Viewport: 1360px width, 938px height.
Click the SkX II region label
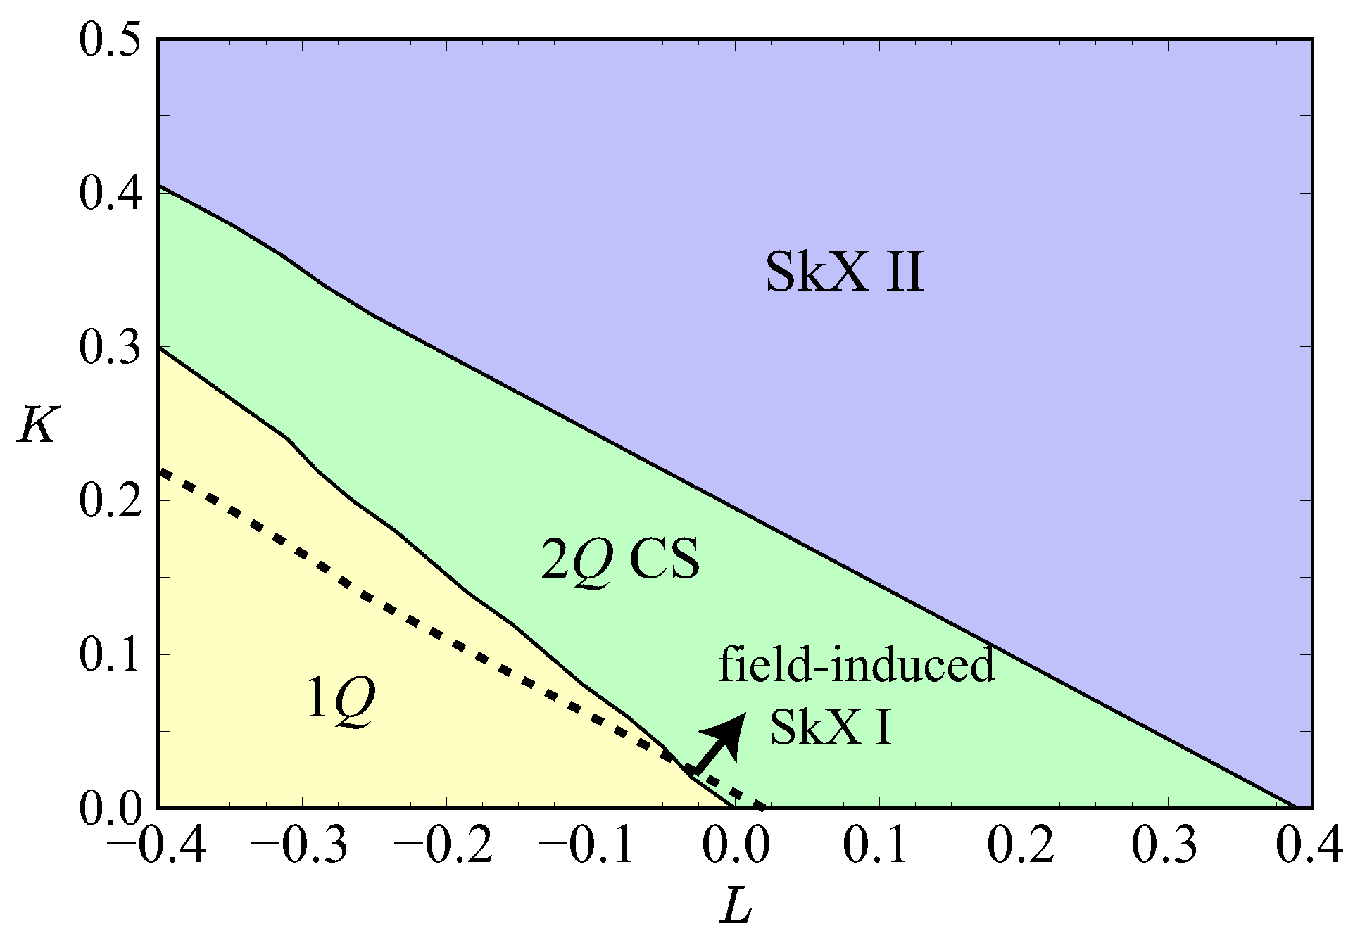[843, 273]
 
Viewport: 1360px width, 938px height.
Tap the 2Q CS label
[620, 560]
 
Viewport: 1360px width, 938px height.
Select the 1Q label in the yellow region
[341, 700]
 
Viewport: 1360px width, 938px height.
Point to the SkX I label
[831, 727]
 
